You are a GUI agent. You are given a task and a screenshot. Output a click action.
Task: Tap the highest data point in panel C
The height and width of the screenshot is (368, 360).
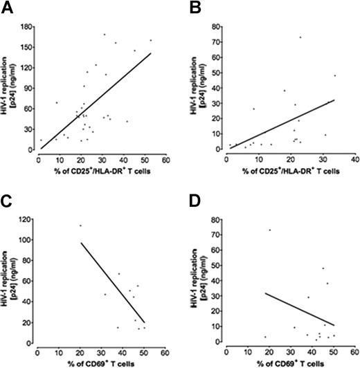pyautogui.click(x=80, y=226)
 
